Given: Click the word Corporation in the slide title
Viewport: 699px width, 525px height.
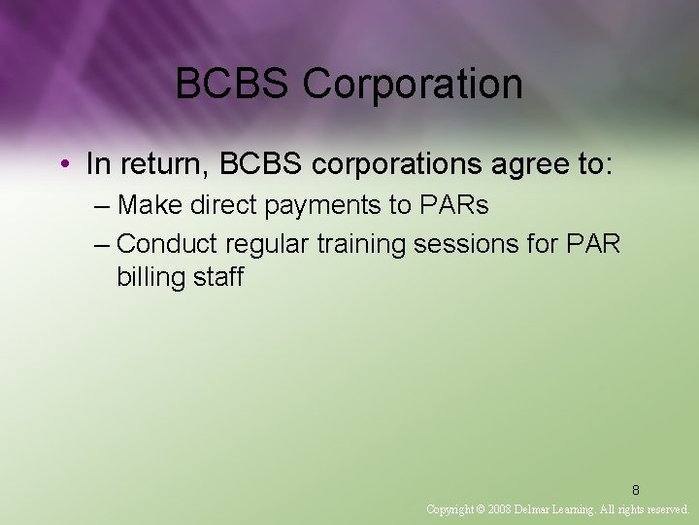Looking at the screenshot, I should click(413, 85).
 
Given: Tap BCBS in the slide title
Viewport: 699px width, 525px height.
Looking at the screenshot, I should click(234, 85).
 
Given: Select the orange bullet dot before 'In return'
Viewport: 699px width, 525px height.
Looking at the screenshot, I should click(63, 164).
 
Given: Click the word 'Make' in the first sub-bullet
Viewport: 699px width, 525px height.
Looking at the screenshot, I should click(148, 205).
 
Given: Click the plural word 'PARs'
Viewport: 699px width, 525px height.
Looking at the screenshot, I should click(455, 205).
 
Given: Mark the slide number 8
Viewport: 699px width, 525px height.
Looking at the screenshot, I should click(636, 490).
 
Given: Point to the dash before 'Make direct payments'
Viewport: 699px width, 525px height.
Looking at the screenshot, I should click(102, 205).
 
